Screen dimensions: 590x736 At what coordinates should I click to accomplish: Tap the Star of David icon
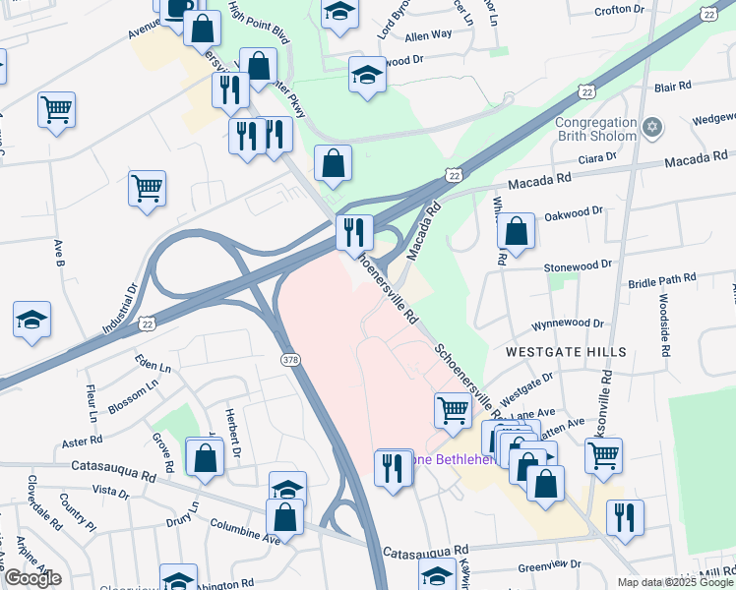pyautogui.click(x=651, y=128)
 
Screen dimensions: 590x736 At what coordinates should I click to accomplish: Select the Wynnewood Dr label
pyautogui.click(x=568, y=323)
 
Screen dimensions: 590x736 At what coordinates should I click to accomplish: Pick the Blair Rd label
pyautogui.click(x=673, y=87)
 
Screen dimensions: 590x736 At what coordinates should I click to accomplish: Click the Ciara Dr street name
pyautogui.click(x=597, y=156)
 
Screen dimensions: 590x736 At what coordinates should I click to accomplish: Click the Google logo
pyautogui.click(x=32, y=578)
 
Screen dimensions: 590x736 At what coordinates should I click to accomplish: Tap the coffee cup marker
pyautogui.click(x=177, y=8)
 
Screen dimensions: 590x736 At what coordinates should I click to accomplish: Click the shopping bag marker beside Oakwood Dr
pyautogui.click(x=517, y=232)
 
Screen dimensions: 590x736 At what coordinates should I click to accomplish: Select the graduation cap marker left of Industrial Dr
pyautogui.click(x=31, y=321)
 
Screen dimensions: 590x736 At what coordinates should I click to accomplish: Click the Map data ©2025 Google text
pyautogui.click(x=674, y=582)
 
